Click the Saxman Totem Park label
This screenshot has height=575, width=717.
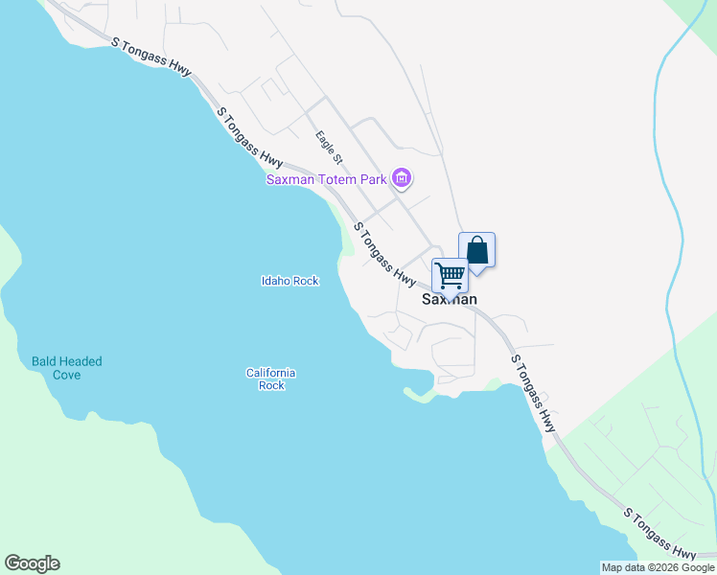326,179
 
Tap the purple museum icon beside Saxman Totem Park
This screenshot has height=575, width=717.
403,178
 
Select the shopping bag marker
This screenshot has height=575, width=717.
477,251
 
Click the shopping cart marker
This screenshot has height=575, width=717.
450,276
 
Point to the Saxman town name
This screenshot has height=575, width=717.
450,299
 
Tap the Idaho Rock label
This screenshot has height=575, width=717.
289,281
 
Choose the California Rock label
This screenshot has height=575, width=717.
270,379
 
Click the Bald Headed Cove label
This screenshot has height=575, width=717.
67,368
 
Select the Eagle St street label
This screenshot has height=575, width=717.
330,147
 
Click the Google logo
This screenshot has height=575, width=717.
32,563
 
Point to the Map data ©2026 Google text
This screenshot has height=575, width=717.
658,567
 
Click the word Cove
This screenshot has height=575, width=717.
67,375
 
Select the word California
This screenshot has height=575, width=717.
270,372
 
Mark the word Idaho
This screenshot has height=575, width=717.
276,281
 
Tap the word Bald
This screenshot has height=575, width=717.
45,361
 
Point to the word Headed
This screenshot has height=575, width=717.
81,361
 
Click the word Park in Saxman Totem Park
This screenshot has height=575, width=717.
373,179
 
